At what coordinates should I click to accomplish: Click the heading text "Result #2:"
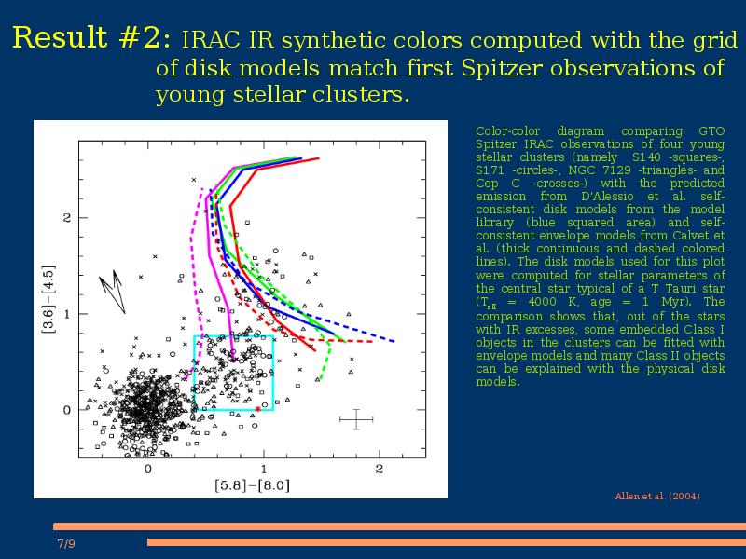[x=90, y=37]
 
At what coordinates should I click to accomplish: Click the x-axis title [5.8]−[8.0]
[x=252, y=485]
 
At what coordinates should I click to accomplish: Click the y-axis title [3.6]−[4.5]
[x=48, y=299]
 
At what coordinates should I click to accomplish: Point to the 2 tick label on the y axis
[x=67, y=218]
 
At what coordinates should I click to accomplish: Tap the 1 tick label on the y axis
[x=67, y=314]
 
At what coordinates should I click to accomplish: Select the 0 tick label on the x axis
[x=148, y=470]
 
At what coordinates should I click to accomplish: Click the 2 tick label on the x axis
[x=380, y=470]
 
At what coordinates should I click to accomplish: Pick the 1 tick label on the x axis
[x=264, y=470]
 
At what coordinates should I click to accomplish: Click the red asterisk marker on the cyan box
[x=258, y=409]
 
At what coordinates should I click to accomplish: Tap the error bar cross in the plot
[x=356, y=419]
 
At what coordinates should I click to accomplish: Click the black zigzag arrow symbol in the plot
[x=113, y=291]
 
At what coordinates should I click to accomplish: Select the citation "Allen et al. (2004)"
[x=657, y=497]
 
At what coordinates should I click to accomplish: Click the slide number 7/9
[x=66, y=544]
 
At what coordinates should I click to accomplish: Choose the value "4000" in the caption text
[x=543, y=301]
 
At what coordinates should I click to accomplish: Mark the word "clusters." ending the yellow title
[x=361, y=94]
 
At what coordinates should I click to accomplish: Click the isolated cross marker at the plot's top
[x=194, y=180]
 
